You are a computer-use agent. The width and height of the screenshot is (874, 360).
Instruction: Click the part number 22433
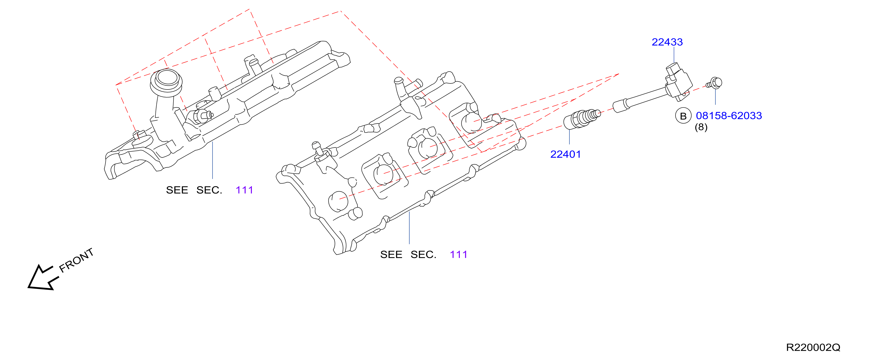tap(667, 42)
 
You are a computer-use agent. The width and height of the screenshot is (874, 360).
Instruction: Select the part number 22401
tap(566, 154)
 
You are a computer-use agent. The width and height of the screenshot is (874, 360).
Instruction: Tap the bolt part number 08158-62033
tap(729, 116)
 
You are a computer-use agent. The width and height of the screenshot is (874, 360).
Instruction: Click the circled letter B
tap(683, 116)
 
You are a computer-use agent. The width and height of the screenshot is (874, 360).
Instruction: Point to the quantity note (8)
tap(701, 127)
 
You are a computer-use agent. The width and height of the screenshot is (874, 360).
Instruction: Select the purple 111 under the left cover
tap(244, 190)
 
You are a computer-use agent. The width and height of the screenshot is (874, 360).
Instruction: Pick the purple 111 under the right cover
tap(458, 254)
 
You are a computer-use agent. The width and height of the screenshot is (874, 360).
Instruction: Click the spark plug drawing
tap(582, 118)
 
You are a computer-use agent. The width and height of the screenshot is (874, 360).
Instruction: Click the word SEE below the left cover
tap(177, 190)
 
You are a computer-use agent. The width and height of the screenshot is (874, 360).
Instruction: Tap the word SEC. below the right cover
tap(423, 254)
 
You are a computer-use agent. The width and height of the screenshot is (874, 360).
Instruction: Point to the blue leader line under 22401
tap(569, 137)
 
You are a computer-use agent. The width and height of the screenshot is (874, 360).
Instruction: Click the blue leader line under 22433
tap(674, 55)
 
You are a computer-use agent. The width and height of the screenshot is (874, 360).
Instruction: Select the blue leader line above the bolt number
tap(716, 96)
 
